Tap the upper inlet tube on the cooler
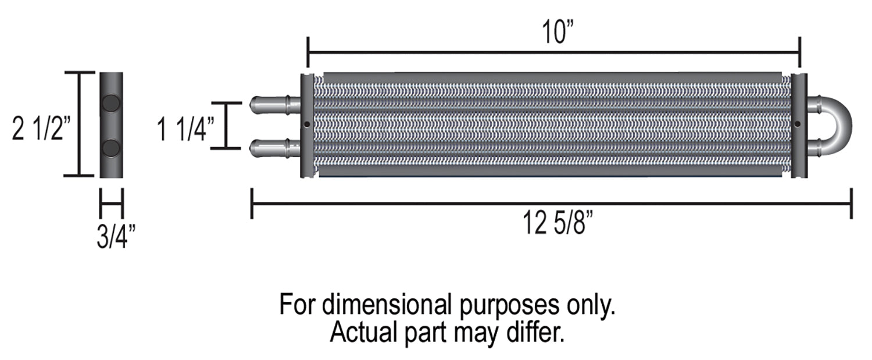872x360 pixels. (274, 105)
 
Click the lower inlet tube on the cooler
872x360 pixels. (274, 148)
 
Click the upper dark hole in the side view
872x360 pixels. (110, 104)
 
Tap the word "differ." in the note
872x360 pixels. (537, 332)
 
